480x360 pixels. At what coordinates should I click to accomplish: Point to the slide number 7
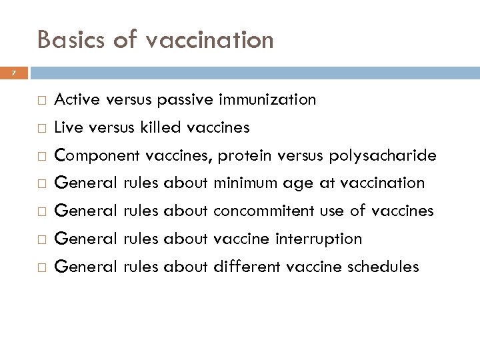tap(12, 71)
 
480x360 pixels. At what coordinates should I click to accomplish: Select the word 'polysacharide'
tap(383, 155)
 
